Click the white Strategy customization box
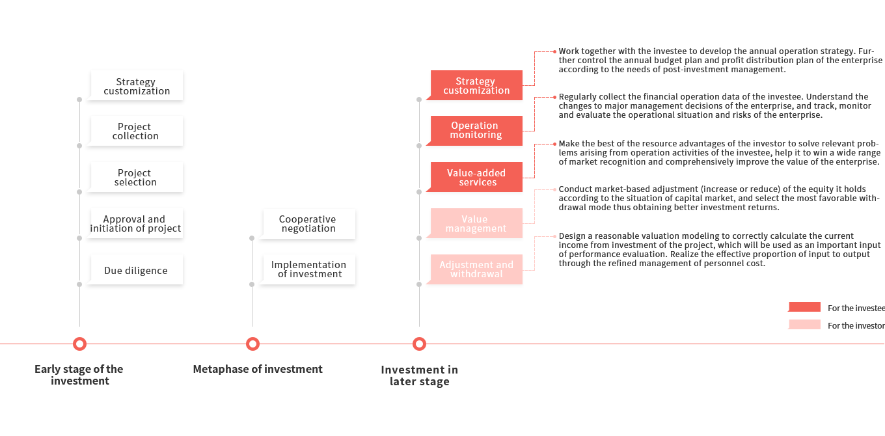click(135, 87)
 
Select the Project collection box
click(135, 131)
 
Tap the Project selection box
click(135, 178)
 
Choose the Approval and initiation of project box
click(135, 224)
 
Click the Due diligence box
click(135, 271)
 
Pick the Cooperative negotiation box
click(307, 224)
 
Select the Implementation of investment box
click(307, 269)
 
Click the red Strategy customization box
click(476, 86)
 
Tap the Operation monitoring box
click(476, 130)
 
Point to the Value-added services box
click(476, 178)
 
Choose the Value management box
click(476, 224)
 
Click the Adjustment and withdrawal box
click(476, 269)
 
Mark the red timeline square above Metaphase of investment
click(252, 344)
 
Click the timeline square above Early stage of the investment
click(79, 344)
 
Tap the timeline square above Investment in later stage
click(419, 344)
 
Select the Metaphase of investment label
click(258, 370)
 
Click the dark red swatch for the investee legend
click(804, 307)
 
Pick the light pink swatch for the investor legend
click(804, 325)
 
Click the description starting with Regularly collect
click(715, 106)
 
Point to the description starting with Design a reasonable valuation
click(719, 250)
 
